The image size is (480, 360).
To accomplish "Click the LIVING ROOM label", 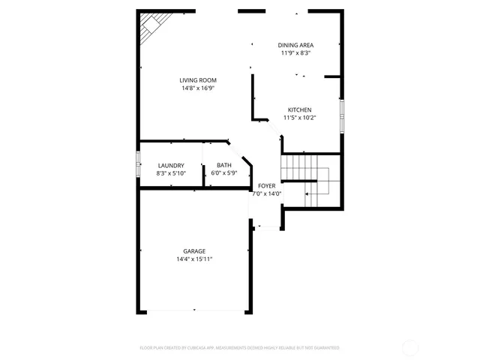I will (198, 80).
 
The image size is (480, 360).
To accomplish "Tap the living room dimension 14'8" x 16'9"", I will (198, 88).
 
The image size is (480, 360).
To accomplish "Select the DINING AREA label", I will (295, 45).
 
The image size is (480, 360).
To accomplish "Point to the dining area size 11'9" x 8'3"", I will (295, 53).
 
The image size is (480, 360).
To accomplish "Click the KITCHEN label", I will (299, 109).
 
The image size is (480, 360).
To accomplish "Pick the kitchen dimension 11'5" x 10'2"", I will (299, 118).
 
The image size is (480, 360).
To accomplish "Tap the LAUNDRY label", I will (171, 166).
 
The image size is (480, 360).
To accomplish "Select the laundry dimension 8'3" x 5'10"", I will (171, 173).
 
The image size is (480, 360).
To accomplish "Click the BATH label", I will (224, 166).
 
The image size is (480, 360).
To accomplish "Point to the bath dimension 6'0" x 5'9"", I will (224, 173).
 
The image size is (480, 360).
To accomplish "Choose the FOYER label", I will (266, 185).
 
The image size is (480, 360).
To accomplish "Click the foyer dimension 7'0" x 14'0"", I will (266, 193).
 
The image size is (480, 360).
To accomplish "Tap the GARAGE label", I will (194, 251).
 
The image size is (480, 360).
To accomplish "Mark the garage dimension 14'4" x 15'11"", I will (194, 259).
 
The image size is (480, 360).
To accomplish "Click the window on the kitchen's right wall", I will (342, 115).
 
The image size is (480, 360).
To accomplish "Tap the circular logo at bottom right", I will (410, 347).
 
